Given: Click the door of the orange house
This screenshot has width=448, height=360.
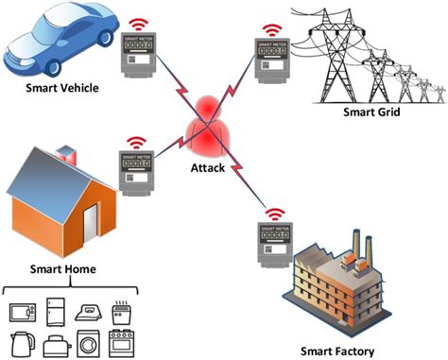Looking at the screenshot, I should [x=91, y=225].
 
